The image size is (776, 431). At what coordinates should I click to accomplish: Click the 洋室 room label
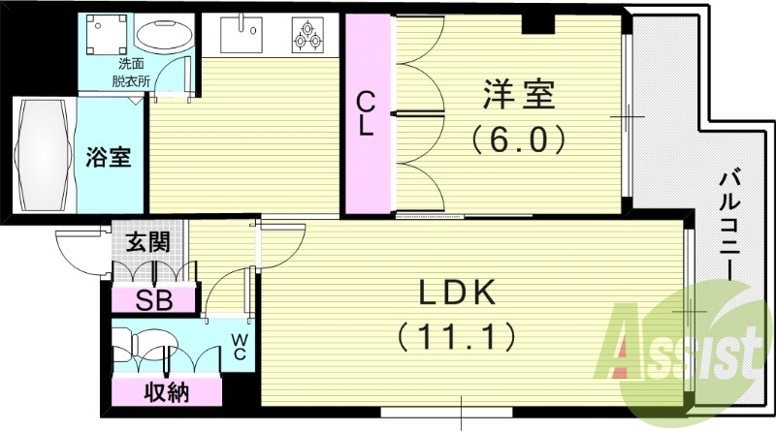coord(519,99)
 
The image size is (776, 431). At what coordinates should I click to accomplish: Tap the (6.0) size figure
coord(519,141)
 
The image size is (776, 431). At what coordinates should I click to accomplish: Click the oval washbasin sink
coord(162,37)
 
